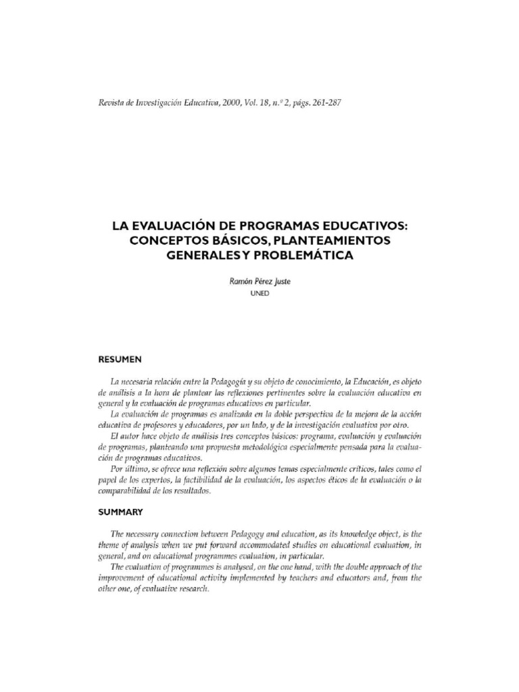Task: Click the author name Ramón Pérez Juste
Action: pos(259,282)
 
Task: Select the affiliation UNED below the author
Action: pos(259,294)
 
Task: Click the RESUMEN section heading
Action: pos(120,359)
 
